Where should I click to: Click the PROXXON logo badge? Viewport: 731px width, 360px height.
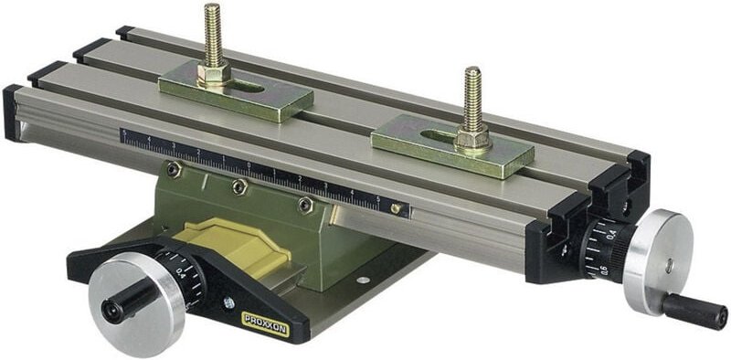265,320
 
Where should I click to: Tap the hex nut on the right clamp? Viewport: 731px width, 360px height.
472,140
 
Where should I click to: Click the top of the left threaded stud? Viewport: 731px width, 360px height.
212,10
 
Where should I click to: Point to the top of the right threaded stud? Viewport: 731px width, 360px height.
472,72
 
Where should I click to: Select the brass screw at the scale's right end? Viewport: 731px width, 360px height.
396,208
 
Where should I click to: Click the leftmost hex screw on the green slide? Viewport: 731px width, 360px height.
175,169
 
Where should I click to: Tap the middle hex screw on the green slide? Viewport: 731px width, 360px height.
239,187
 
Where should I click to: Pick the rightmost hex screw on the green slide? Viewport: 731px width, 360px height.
306,206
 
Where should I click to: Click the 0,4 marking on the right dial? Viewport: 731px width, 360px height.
610,235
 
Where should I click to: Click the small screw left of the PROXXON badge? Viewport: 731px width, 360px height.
228,302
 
